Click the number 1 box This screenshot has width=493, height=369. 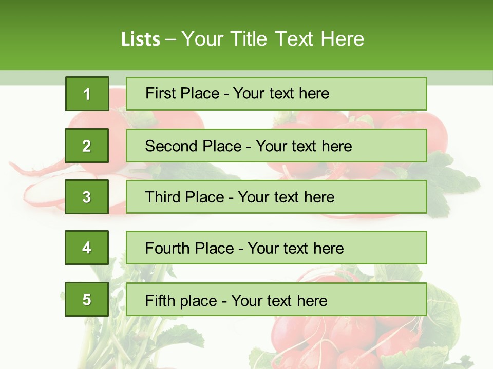pos(87,94)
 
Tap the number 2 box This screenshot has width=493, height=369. pos(87,146)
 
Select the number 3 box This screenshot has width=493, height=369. pos(87,197)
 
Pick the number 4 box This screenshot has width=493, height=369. pos(87,248)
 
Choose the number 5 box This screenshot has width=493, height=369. pos(87,299)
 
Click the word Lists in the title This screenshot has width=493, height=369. pos(140,39)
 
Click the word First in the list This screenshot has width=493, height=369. pos(160,93)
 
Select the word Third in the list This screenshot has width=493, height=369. pos(163,197)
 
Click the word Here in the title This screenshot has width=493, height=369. pos(343,39)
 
